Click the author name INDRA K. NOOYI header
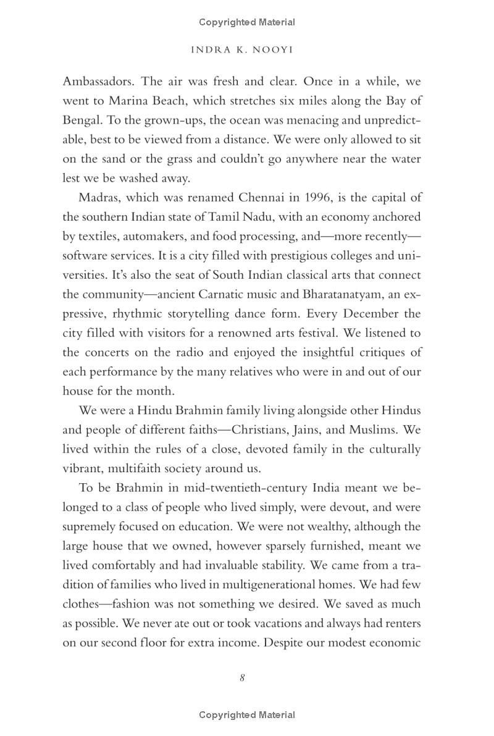(242, 50)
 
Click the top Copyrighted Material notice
(247, 22)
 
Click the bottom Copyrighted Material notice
(247, 715)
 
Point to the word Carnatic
(251, 294)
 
